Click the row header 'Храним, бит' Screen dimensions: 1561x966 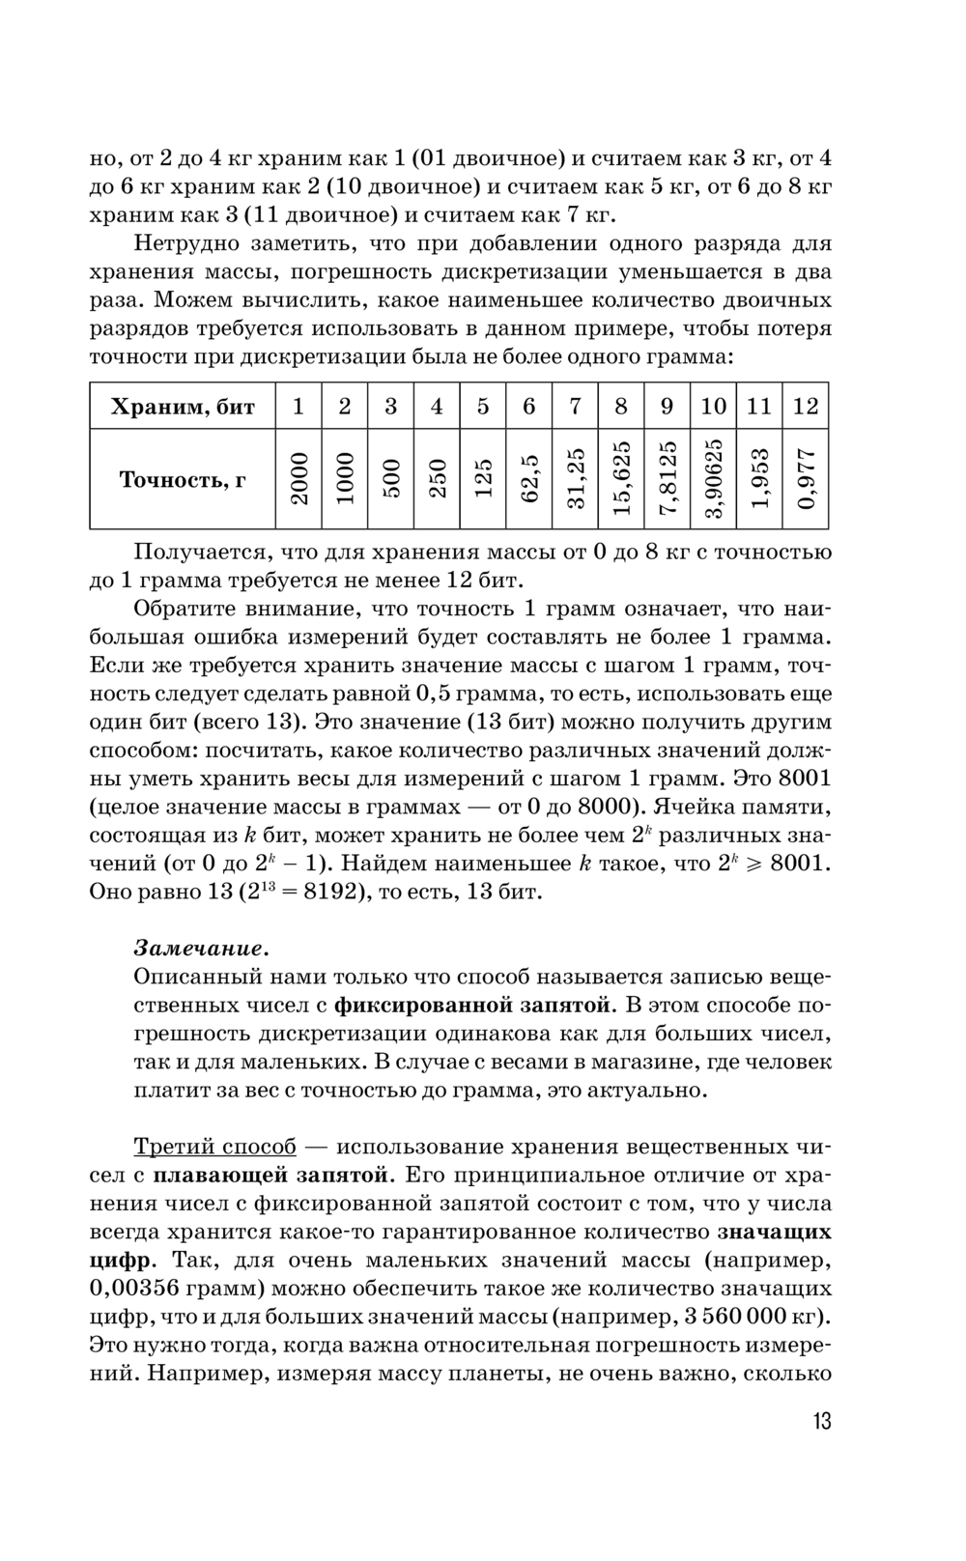coord(183,407)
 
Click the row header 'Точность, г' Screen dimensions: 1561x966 coord(183,480)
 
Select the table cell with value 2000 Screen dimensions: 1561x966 coord(299,480)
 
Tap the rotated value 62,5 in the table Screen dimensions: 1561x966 coord(529,480)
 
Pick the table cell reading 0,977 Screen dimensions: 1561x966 coord(807,480)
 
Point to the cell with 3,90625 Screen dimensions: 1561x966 coord(714,480)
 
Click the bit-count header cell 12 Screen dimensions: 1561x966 coord(806,407)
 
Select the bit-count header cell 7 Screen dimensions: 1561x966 coord(575,407)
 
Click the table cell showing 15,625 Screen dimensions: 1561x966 coord(621,480)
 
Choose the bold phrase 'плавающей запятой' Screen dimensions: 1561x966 coord(273,1176)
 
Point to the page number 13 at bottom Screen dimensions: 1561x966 coord(821,1422)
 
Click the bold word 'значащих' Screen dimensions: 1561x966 coord(774,1233)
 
